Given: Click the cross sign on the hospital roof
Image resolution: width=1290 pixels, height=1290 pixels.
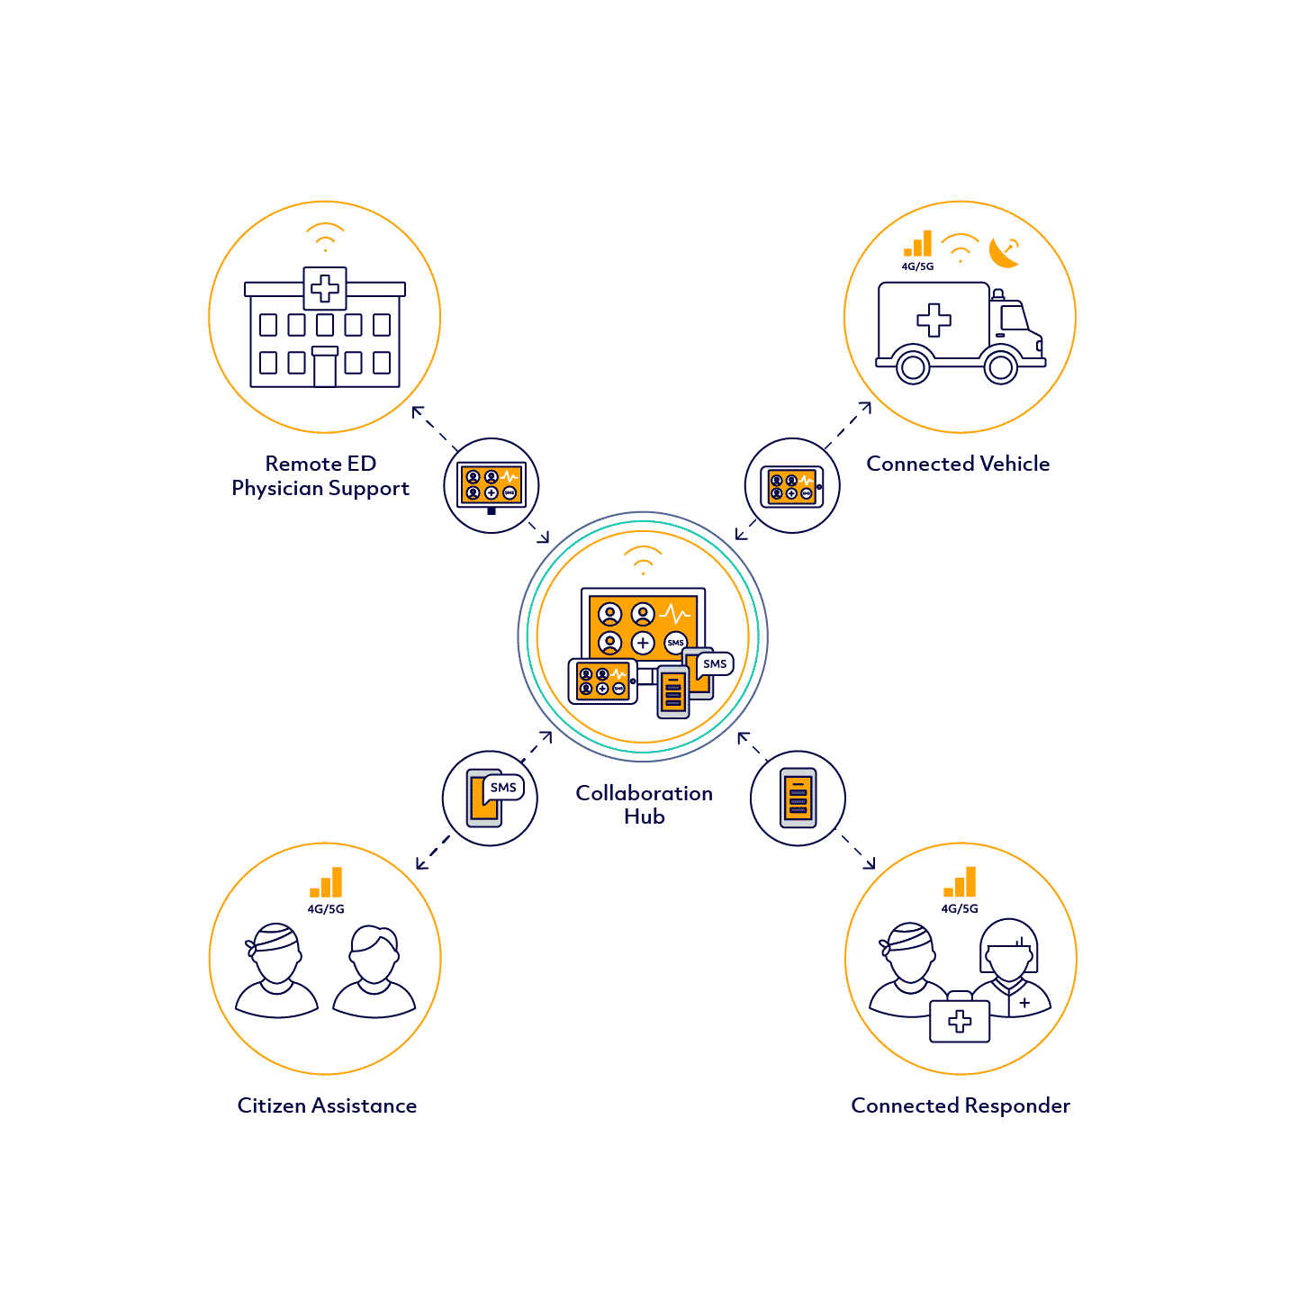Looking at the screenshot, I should tap(325, 288).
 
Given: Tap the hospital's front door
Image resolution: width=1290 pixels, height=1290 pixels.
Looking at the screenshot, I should tap(325, 369).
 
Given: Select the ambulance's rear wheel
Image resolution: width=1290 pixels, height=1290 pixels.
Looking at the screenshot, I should tap(913, 366).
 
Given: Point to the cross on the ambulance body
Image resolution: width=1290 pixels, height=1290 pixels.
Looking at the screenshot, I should tap(934, 320).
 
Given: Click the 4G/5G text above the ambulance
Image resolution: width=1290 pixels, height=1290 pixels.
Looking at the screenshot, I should tap(917, 266).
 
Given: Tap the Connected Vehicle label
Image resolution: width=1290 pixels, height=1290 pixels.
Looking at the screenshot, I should tap(958, 464).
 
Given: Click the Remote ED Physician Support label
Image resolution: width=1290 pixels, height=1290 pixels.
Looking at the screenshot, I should tap(320, 476).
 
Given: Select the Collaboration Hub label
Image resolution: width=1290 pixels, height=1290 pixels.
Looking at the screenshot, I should tap(644, 805).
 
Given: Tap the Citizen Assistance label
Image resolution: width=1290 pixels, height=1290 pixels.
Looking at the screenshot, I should tap(327, 1105).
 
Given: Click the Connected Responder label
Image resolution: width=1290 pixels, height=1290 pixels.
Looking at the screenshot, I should tap(961, 1105).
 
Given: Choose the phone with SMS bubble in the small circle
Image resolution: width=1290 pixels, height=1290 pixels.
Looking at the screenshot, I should tap(491, 798).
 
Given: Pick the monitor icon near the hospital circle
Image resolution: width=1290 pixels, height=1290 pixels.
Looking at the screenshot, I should tap(492, 486).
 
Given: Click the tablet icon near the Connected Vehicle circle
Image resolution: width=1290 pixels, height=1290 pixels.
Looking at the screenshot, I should tap(792, 486).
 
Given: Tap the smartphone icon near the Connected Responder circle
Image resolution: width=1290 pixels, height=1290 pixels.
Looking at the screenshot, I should tap(798, 798).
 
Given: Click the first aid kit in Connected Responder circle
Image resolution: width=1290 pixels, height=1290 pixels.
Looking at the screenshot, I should tap(960, 1019).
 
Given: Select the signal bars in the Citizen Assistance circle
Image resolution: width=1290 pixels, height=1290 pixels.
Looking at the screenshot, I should tap(327, 883).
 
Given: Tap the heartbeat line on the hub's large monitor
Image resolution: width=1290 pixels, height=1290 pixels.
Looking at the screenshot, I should tap(675, 615).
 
